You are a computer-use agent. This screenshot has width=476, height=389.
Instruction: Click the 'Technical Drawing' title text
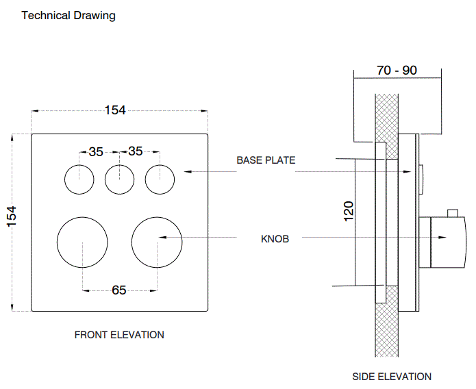pos(68,15)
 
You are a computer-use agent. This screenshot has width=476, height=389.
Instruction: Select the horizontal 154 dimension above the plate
pos(115,110)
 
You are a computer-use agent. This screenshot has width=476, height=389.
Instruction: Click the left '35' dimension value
pos(96,151)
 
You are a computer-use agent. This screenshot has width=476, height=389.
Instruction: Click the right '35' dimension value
pos(136,151)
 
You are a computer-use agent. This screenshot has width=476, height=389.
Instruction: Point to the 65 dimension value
pos(119,290)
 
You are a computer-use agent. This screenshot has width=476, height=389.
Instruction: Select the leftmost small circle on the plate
pos(79,179)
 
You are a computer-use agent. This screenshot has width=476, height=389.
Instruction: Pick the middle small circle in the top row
pos(120,179)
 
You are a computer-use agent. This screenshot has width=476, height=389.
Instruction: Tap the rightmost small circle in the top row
pos(160,179)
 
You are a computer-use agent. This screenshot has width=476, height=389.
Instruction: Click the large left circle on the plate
pos(82,243)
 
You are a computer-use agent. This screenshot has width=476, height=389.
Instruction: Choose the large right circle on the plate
pos(157,243)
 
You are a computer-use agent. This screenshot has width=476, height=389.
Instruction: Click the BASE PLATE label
pos(266,160)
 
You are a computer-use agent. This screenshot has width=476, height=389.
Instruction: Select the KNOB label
pos(275,239)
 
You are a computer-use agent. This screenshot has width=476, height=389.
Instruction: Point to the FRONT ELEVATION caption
pos(119,335)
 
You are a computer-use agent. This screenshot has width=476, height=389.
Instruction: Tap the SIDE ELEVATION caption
pos(392,376)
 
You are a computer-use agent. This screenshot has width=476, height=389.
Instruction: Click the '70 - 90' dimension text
pos(397,71)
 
